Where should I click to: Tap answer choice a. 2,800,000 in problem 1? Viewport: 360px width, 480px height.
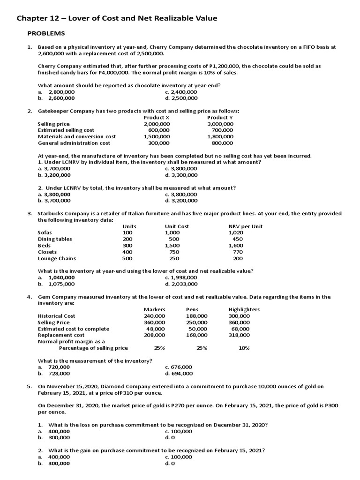pyautogui.click(x=56, y=92)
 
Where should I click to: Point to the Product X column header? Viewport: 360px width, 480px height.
pyautogui.click(x=157, y=117)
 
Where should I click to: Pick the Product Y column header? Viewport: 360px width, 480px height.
pyautogui.click(x=220, y=117)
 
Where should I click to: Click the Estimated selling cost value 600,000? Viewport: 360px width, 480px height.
pyautogui.click(x=159, y=130)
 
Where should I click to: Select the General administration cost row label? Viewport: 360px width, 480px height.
pyautogui.click(x=74, y=143)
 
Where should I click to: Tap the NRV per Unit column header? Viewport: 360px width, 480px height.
pyautogui.click(x=245, y=226)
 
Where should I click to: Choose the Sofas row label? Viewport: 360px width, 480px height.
pyautogui.click(x=45, y=232)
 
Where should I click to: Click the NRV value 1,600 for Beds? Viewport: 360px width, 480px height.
pyautogui.click(x=236, y=245)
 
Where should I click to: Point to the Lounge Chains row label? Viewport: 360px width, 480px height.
pyautogui.click(x=57, y=258)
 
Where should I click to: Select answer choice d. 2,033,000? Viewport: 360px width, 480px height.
pyautogui.click(x=181, y=284)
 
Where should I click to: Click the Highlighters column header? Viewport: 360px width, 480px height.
pyautogui.click(x=244, y=309)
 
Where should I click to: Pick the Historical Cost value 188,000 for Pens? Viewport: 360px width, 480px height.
pyautogui.click(x=196, y=316)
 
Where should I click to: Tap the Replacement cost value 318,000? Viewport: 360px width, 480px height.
pyautogui.click(x=239, y=335)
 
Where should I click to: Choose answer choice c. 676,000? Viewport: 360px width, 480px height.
pyautogui.click(x=179, y=367)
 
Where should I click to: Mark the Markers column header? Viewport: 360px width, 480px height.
pyautogui.click(x=154, y=309)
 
